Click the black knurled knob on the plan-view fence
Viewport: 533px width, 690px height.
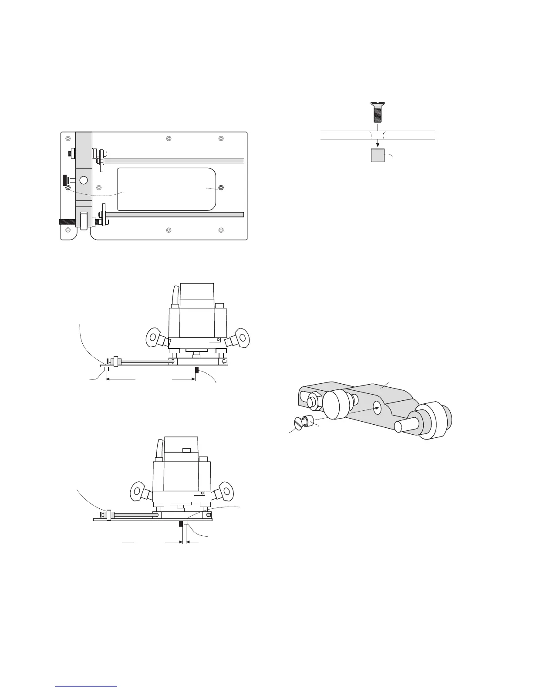(x=65, y=180)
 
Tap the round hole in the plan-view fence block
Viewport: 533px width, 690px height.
(x=83, y=180)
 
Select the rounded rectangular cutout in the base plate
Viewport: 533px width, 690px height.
(x=167, y=189)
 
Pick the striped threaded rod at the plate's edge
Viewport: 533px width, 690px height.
(x=67, y=222)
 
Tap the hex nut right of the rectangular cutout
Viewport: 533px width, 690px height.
(x=221, y=187)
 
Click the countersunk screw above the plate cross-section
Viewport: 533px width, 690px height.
(x=378, y=112)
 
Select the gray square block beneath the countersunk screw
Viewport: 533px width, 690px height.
(x=378, y=156)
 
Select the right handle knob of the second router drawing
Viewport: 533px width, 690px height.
(x=226, y=489)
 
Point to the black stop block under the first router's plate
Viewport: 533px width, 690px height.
(x=197, y=370)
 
